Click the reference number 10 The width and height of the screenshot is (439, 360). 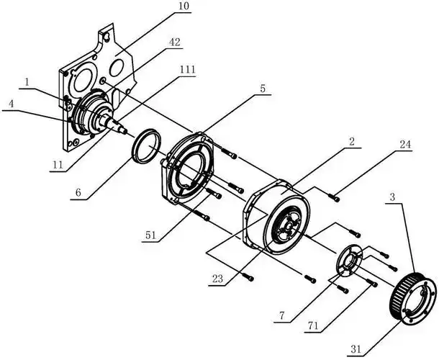coord(184,6)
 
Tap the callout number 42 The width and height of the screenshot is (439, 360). coord(175,42)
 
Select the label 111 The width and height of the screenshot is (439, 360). coord(187,69)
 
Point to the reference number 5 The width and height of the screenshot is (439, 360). coord(263,89)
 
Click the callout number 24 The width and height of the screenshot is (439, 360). coord(405,145)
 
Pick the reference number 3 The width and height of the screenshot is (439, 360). coord(392,197)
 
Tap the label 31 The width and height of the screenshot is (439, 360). coord(356,350)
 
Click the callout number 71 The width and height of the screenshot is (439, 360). coord(313,326)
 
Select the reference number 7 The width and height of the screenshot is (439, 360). coord(281,316)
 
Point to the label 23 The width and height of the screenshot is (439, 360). coord(217,279)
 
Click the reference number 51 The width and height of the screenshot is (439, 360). coord(150,235)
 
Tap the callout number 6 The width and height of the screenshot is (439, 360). coord(78,192)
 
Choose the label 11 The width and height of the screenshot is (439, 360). coord(58,165)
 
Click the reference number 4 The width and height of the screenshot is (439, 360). coord(11,104)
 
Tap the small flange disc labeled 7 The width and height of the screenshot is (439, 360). coord(350,261)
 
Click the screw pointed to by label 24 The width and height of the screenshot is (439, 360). coord(333,197)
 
